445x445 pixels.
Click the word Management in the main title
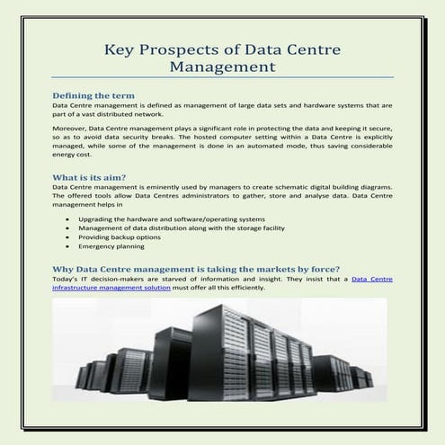pyautogui.click(x=222, y=67)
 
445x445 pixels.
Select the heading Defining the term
pyautogui.click(x=93, y=94)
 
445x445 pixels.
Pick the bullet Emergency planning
pyautogui.click(x=111, y=245)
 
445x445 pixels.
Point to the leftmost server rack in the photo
pyautogui.click(x=83, y=377)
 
